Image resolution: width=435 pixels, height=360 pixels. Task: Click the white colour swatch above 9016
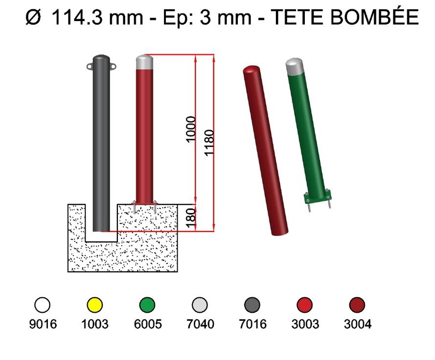[43, 305]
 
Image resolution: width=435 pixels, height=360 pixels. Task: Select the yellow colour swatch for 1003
[94, 305]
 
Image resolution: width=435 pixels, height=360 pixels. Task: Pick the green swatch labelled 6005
[147, 305]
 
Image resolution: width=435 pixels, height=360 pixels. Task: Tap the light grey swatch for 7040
[200, 305]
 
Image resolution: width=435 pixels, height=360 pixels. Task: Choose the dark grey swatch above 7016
[252, 305]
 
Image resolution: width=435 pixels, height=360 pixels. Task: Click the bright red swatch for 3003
[305, 305]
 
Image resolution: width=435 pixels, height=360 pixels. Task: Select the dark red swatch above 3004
[357, 305]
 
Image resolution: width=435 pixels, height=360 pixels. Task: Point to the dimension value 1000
[191, 129]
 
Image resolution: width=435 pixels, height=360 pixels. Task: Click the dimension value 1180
[209, 143]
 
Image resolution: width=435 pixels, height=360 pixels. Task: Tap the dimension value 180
[191, 218]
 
